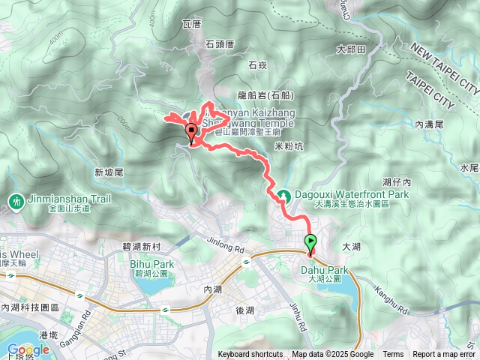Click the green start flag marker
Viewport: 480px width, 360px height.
point(310,242)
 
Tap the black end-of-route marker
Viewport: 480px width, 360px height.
point(191,133)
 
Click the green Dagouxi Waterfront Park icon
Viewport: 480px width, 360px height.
point(284,196)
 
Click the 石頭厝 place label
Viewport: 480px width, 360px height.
point(220,44)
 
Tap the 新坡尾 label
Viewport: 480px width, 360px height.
point(109,172)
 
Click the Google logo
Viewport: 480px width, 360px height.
point(28,349)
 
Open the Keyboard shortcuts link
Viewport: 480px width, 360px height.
point(250,355)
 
